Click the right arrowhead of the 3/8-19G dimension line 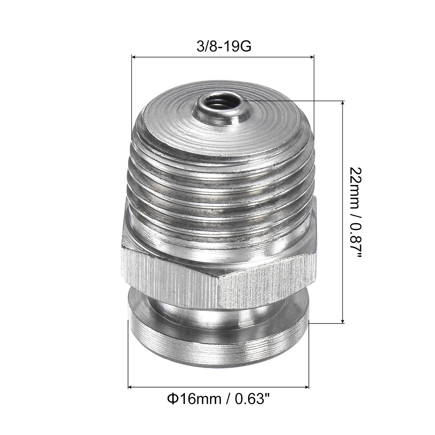pyautogui.click(x=312, y=57)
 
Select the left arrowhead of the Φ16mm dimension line pyautogui.click(x=130, y=387)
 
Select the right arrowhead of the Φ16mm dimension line pyautogui.click(x=307, y=387)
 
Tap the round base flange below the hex pyautogui.click(x=217, y=348)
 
